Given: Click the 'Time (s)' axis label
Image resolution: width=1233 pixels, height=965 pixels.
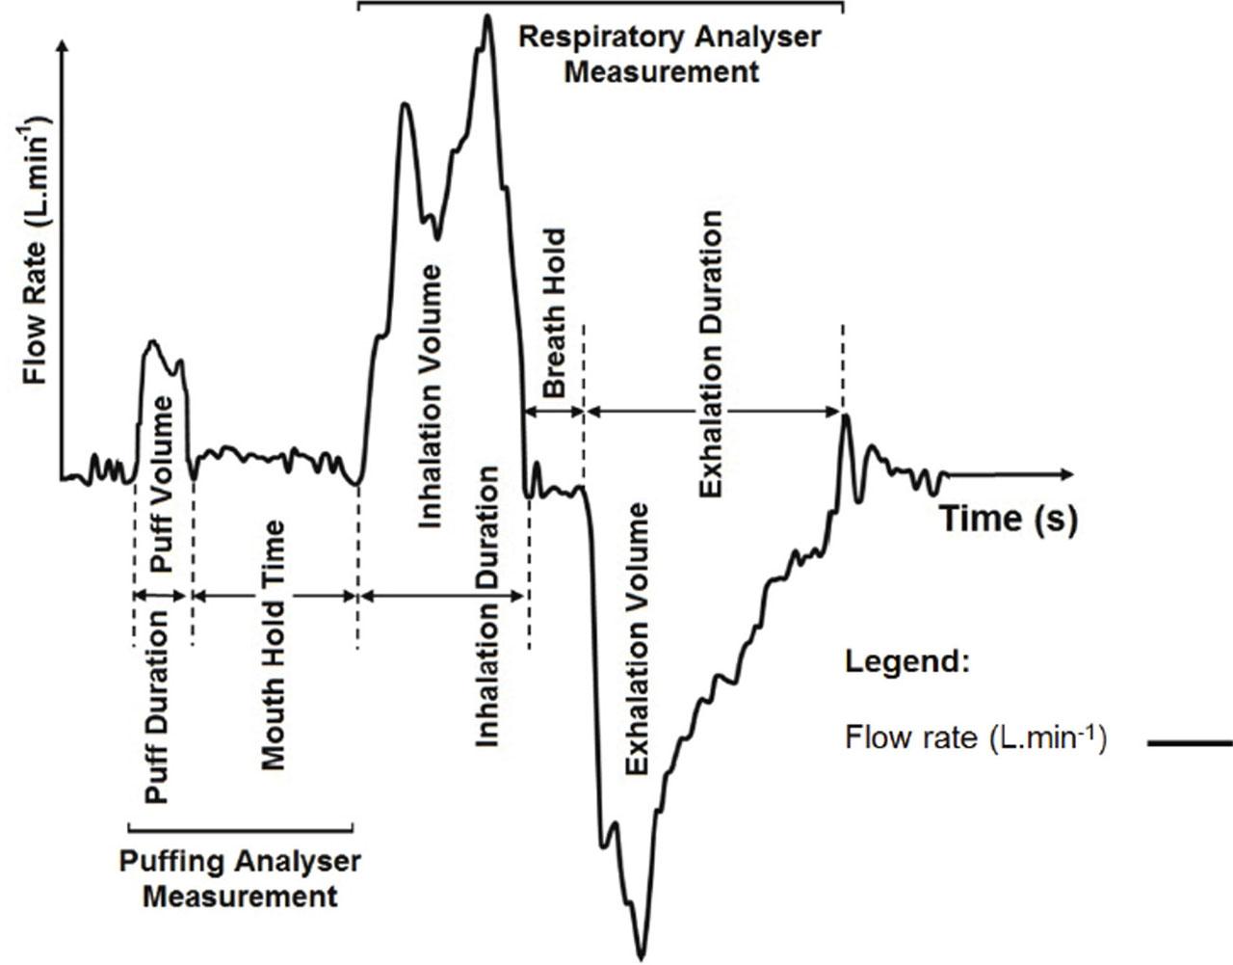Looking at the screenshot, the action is tap(1009, 520).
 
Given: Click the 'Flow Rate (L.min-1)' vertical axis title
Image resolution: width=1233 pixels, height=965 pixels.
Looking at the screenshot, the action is tap(36, 250).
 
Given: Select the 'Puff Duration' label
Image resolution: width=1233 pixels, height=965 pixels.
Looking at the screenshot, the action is tap(157, 707).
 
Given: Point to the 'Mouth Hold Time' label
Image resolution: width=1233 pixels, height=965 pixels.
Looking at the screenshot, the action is tap(273, 645).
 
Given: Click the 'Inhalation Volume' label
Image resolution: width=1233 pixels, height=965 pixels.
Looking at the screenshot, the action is tap(430, 397).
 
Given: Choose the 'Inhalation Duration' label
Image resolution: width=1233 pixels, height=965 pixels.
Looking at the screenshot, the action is tap(486, 606).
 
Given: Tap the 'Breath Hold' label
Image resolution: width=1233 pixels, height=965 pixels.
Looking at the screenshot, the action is tap(554, 312).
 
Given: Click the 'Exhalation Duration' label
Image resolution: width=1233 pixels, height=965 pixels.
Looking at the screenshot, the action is tap(710, 354).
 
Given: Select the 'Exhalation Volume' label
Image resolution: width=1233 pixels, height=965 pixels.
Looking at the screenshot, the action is tap(637, 639).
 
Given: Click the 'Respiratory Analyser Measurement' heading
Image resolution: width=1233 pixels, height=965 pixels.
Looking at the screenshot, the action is tap(669, 55).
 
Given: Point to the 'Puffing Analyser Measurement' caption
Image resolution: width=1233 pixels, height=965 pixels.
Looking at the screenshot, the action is tap(240, 879).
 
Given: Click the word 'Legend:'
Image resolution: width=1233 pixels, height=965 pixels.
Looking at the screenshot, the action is tap(907, 662).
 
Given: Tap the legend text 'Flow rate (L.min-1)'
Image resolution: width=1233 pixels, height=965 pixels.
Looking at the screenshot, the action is tap(976, 737).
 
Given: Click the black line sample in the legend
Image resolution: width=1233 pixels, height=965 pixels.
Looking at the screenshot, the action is tap(1190, 743).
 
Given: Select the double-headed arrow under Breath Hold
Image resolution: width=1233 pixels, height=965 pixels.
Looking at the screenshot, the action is tap(554, 412).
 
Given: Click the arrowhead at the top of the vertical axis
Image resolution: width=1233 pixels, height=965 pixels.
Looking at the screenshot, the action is tap(64, 44).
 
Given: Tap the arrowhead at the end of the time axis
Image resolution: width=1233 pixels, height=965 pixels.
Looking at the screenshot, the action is tap(1066, 474).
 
